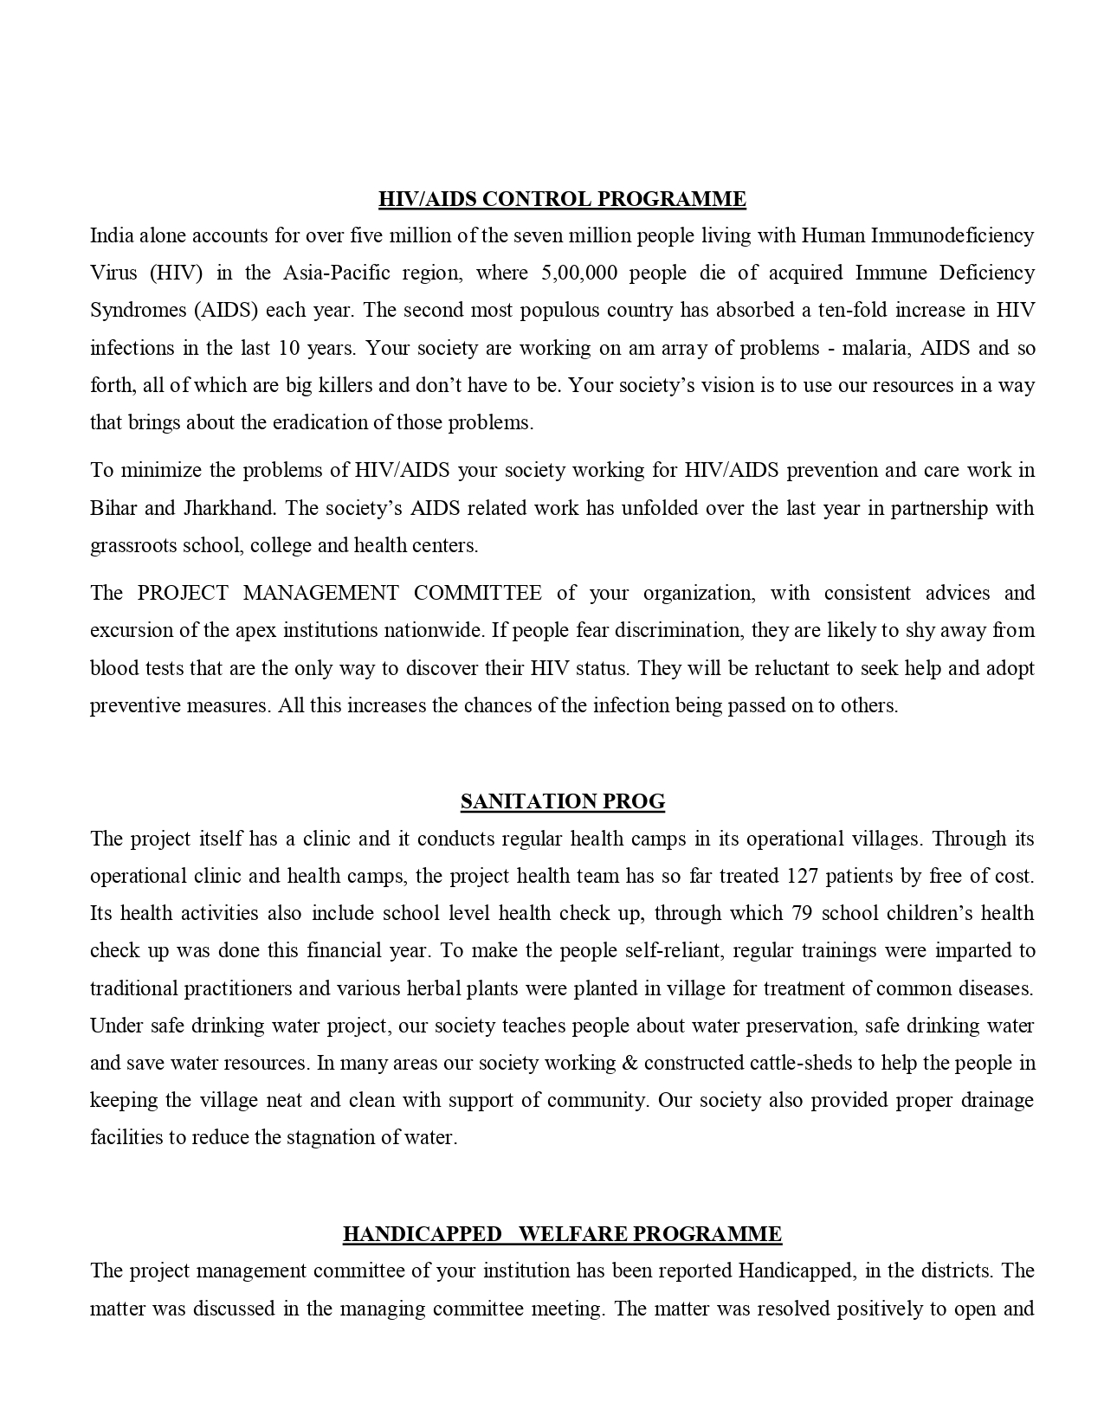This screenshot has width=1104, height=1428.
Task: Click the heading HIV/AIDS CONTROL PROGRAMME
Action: pos(562,199)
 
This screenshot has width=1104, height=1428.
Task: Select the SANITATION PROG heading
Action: pos(563,801)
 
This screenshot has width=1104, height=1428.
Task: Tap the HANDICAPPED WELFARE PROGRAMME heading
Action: pos(562,1233)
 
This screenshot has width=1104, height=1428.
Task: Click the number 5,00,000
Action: pos(578,273)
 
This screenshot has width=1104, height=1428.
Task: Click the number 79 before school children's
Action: pos(800,913)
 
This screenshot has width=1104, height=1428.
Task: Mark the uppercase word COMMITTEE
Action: pos(477,593)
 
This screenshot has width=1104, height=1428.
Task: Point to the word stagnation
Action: pos(330,1137)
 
